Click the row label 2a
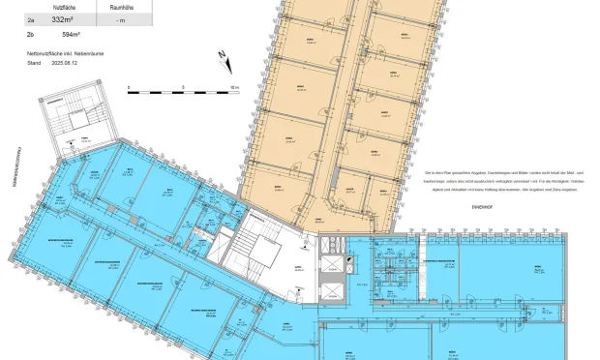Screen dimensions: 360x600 point(31,18)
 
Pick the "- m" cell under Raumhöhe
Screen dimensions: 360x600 point(120,18)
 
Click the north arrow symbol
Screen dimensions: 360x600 point(225,59)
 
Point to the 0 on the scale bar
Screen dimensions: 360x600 point(129,86)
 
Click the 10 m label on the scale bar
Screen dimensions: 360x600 point(235,86)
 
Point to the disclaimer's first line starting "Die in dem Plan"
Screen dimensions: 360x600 point(494,169)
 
